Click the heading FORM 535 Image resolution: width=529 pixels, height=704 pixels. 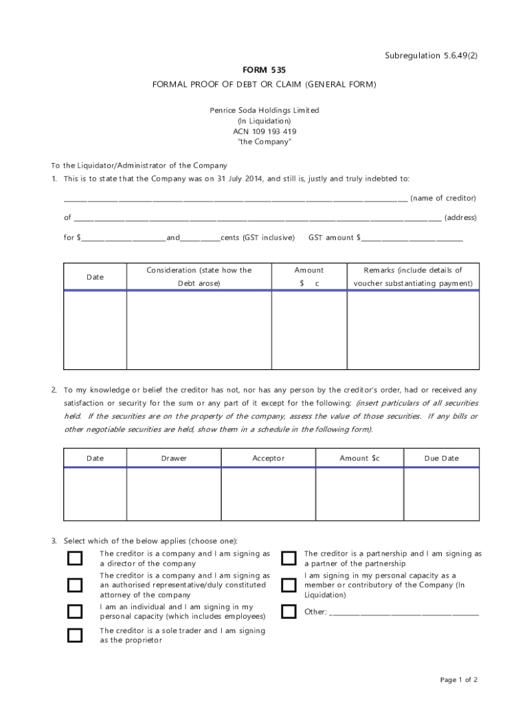[264, 70]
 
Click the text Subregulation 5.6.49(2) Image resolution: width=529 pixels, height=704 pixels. [431, 56]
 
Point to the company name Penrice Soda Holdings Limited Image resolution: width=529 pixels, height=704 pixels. [264, 110]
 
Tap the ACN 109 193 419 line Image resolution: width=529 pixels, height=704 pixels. [264, 131]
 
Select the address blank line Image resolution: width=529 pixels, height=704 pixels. [257, 219]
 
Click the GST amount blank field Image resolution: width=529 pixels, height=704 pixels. [412, 239]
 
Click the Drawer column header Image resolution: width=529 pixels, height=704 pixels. [174, 459]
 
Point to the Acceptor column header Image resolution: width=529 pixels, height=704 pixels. [268, 459]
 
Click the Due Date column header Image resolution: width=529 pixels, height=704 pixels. [441, 459]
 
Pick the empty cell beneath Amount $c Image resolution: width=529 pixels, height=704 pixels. [359, 494]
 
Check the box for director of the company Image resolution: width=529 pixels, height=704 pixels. [74, 558]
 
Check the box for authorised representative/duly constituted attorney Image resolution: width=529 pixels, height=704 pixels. [74, 585]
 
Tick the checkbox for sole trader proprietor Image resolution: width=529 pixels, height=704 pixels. [74, 635]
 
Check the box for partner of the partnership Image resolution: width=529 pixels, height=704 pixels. [289, 558]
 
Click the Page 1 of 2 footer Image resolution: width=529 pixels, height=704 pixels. [458, 680]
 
